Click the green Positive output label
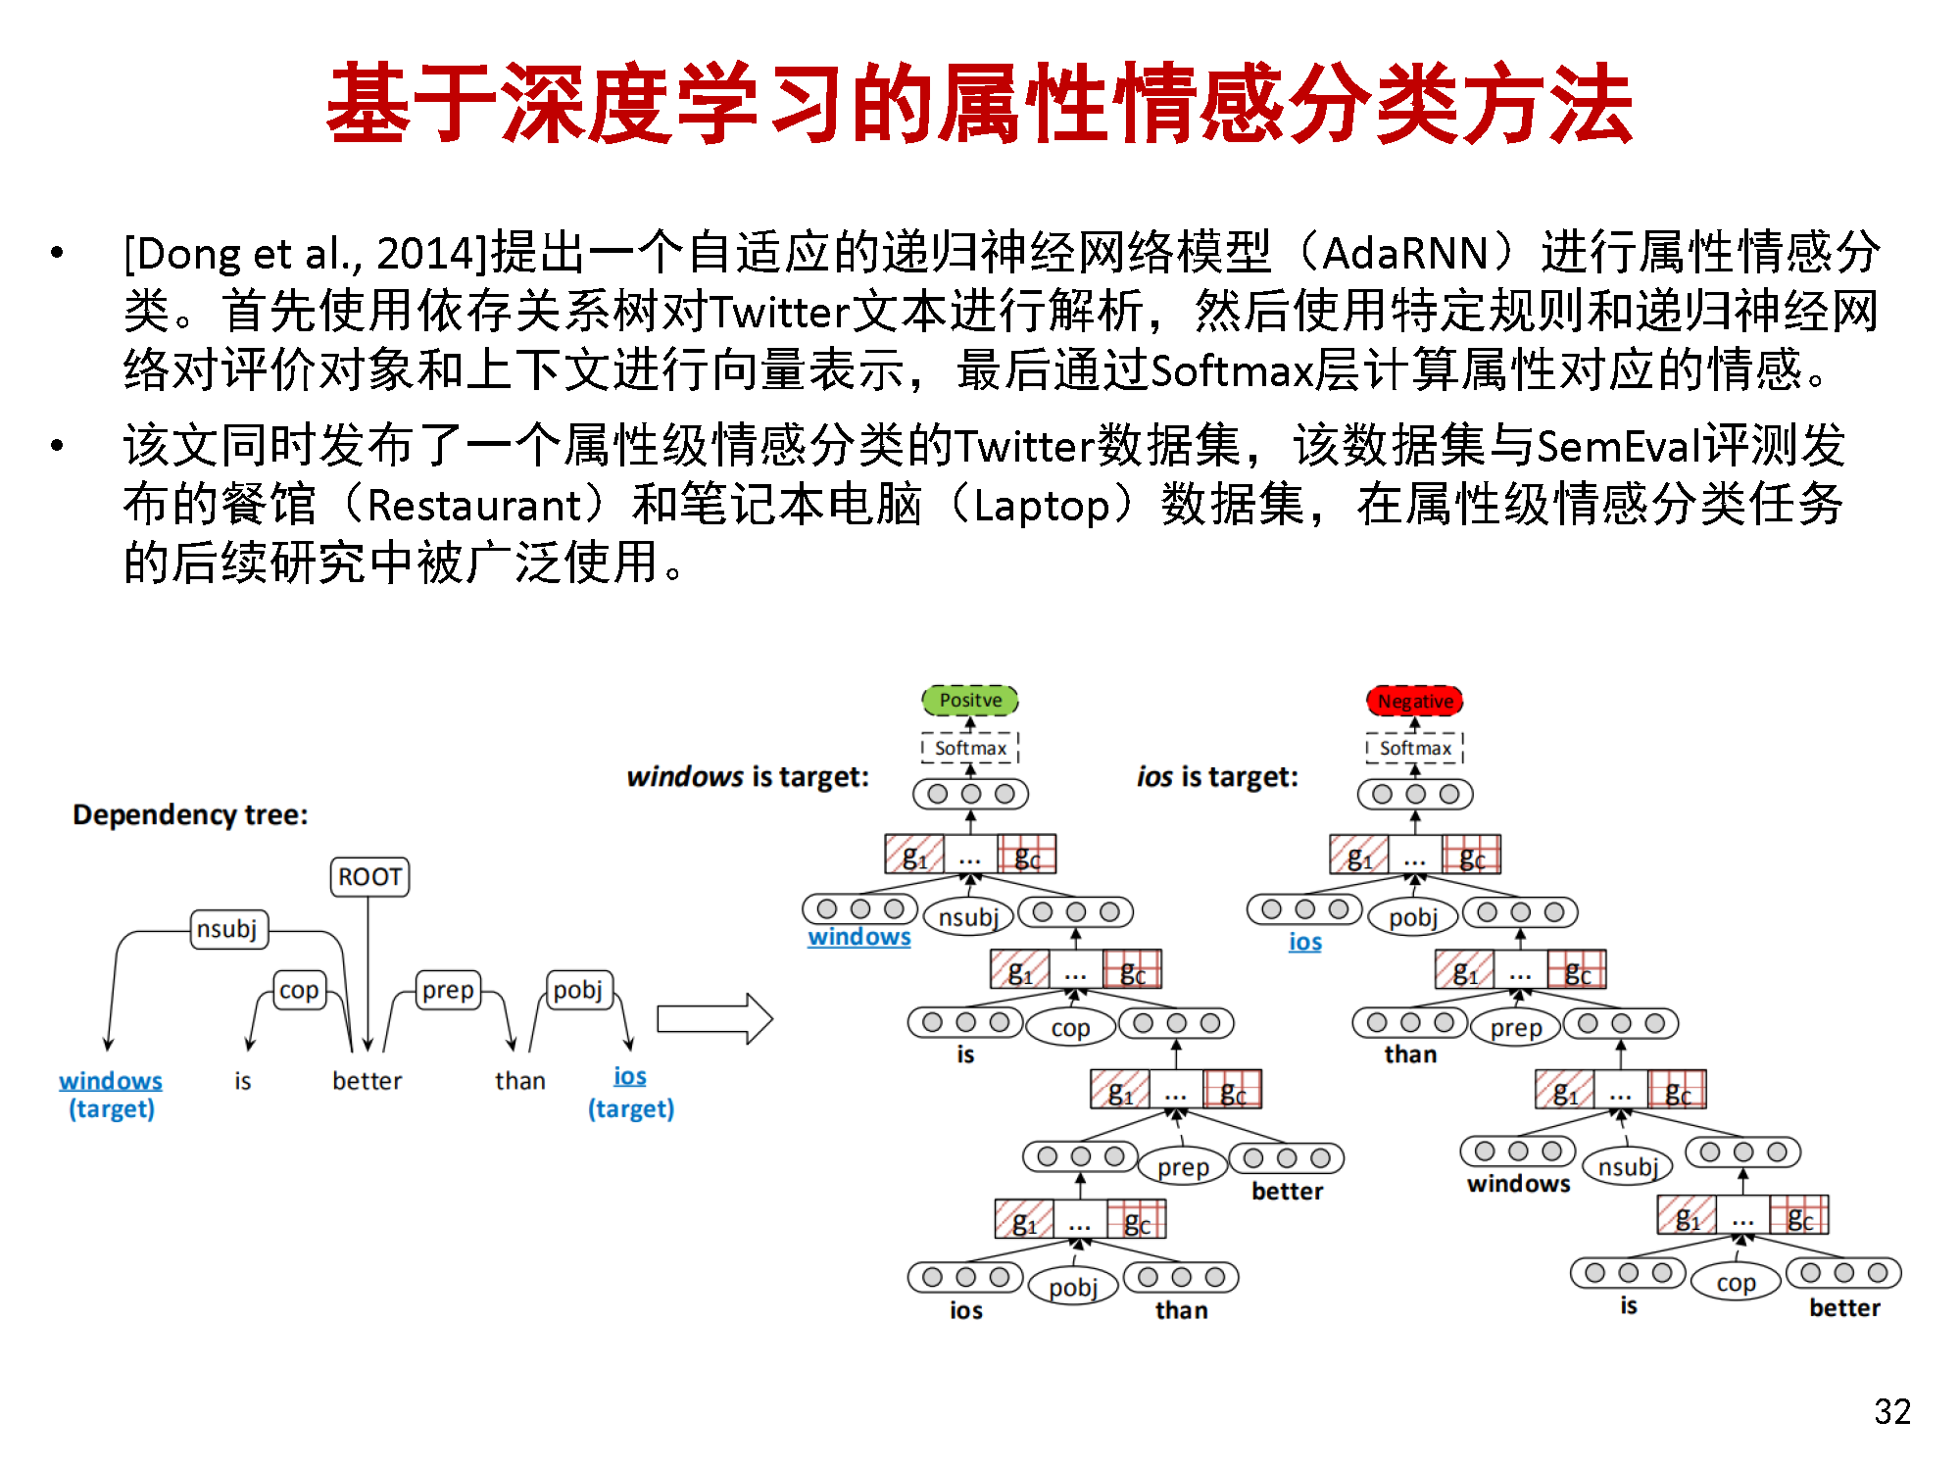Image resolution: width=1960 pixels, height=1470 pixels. (970, 700)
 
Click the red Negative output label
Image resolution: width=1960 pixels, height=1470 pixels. (1415, 701)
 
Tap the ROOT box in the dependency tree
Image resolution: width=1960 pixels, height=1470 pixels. (369, 876)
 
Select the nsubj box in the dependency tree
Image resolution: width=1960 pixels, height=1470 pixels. (228, 928)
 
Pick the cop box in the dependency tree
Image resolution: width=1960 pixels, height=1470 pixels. (299, 990)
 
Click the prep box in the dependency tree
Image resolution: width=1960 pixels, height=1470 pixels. (448, 990)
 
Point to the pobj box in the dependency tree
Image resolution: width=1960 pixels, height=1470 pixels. (578, 990)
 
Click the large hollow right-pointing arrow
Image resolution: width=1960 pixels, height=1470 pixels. (714, 1019)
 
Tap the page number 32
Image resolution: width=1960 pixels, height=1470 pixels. (1892, 1411)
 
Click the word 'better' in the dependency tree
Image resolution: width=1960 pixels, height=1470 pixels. (367, 1081)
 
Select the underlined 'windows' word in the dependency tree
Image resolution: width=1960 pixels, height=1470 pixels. (111, 1080)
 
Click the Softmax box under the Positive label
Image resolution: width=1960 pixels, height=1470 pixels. (970, 748)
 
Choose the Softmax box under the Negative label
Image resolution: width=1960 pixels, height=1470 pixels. (1415, 748)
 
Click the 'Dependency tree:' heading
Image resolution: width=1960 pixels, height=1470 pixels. (190, 814)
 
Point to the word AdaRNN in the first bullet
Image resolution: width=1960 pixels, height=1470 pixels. (1405, 253)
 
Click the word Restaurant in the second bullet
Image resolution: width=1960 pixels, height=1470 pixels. (475, 506)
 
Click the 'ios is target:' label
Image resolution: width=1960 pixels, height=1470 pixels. (1217, 777)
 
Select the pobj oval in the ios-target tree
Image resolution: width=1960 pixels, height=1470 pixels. (1413, 917)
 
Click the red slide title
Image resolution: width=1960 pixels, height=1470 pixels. (980, 103)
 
